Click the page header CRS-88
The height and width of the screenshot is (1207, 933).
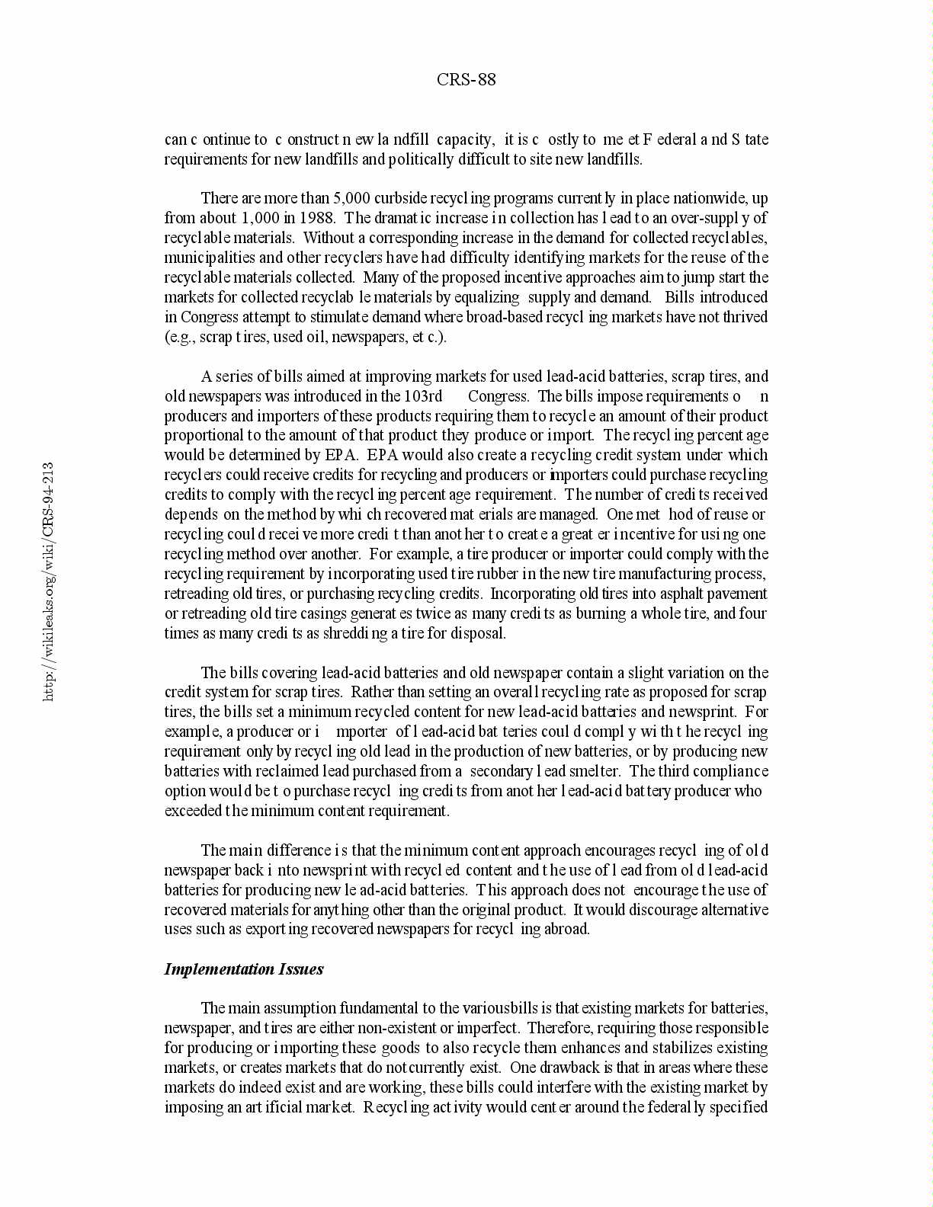coord(466,80)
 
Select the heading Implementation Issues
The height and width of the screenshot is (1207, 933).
coord(243,969)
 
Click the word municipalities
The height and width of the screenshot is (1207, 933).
coord(202,258)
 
